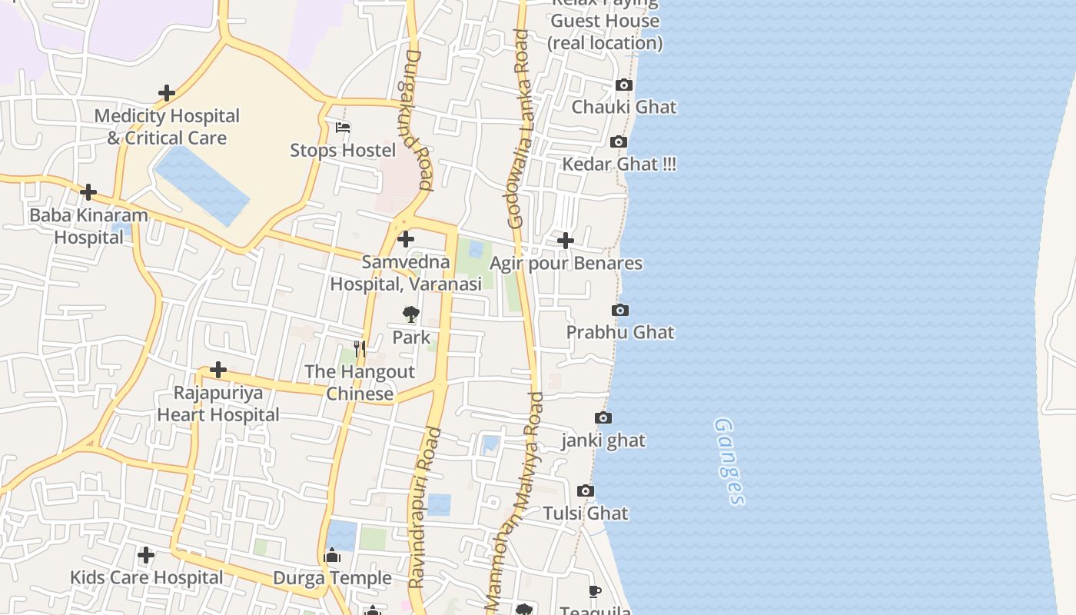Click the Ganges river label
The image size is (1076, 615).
[x=729, y=462]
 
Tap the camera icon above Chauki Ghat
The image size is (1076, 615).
[x=624, y=85]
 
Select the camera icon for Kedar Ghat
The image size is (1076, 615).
[x=619, y=142]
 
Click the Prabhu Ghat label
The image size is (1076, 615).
[x=619, y=332]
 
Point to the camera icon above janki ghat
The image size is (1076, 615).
[x=603, y=418]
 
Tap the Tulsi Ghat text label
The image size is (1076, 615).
[x=586, y=513]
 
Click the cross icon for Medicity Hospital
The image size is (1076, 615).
[x=166, y=94]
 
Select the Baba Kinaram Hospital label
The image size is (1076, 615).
[x=88, y=226]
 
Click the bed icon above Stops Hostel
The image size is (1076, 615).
[x=343, y=128]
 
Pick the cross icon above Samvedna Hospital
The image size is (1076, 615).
[x=406, y=240]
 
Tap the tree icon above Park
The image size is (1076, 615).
[x=411, y=314]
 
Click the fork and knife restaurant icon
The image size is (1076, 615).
[x=359, y=348]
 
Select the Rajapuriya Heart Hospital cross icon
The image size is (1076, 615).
[x=218, y=371]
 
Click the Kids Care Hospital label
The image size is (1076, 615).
[x=146, y=577]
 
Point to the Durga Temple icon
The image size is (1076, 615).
[x=332, y=555]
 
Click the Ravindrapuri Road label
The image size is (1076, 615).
[x=425, y=507]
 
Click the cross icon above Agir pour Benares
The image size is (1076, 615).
[x=566, y=241]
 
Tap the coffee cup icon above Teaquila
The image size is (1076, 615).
[x=595, y=591]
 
